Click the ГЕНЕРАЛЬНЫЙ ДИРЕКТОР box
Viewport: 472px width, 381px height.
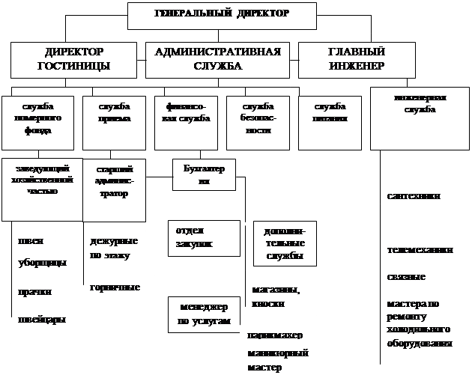click(221, 15)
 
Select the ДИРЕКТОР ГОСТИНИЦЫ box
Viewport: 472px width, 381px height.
click(73, 59)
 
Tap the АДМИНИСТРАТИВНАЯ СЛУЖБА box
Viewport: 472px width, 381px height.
click(217, 59)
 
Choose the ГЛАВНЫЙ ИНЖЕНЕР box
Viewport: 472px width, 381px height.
click(356, 59)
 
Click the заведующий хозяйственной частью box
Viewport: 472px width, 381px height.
click(42, 180)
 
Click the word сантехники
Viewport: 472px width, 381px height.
click(414, 196)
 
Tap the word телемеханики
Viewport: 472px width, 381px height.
click(420, 251)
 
